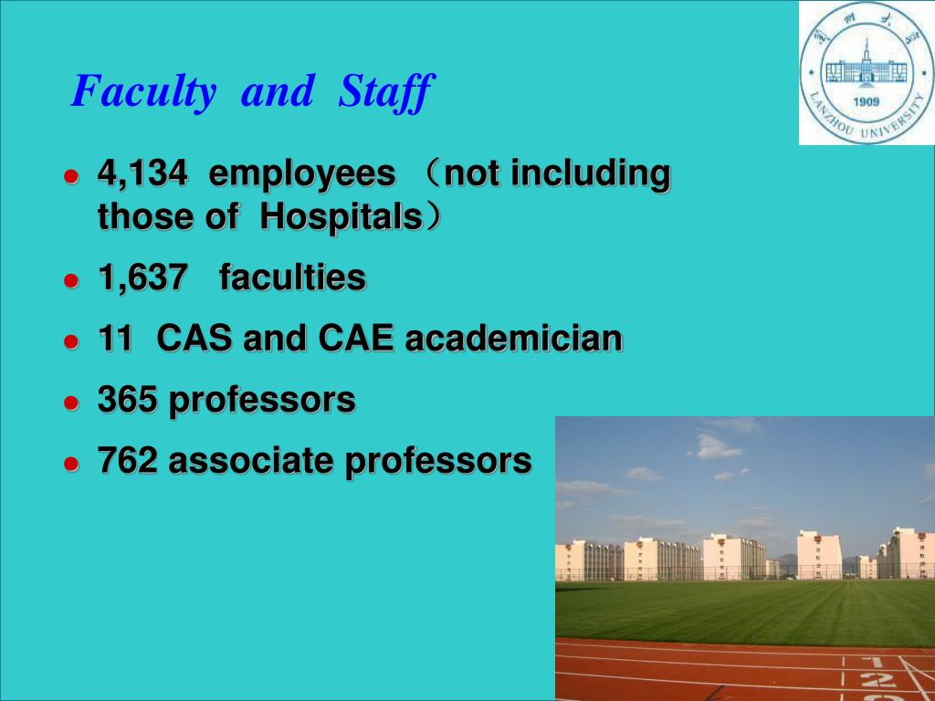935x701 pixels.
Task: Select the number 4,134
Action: coord(142,174)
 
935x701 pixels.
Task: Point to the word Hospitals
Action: coord(341,218)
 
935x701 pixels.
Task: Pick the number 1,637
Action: coord(142,278)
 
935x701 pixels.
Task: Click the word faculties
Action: coord(292,277)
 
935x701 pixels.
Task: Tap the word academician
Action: coord(514,340)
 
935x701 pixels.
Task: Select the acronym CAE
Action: coord(356,340)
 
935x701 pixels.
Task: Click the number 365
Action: coord(128,400)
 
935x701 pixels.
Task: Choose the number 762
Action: coord(128,461)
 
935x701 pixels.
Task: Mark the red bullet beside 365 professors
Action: coord(71,403)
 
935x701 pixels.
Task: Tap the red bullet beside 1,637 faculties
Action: coord(71,281)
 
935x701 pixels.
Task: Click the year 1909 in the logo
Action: coord(866,102)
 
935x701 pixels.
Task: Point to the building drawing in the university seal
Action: coord(866,66)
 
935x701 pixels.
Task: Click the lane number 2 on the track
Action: coord(877,680)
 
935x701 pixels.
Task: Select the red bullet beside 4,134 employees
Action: coord(71,176)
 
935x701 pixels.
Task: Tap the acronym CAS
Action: coord(194,340)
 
